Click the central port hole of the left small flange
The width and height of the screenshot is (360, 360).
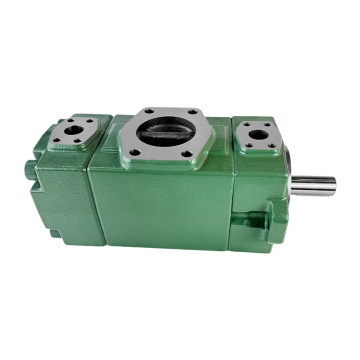coord(74,131)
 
